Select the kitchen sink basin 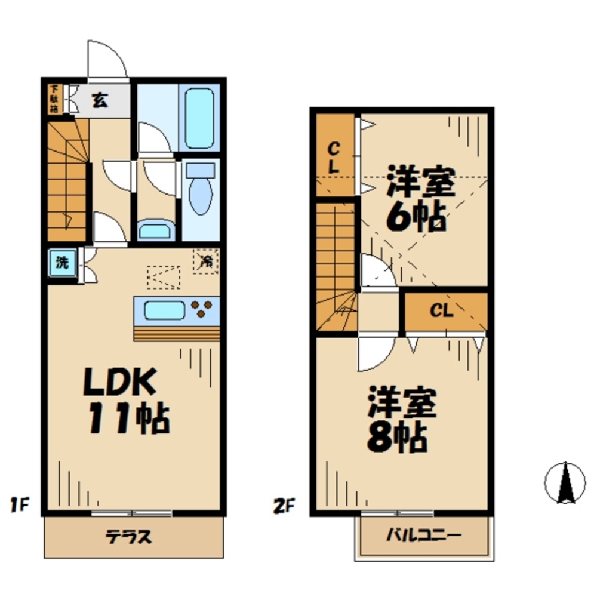point(165,310)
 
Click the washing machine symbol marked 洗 point(62,263)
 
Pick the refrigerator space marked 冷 point(206,261)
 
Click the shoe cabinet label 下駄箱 point(54,99)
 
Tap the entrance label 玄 point(100,100)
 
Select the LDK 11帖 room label point(125,400)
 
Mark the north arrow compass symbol point(564,482)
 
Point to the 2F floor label point(284,506)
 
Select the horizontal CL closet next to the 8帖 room point(445,311)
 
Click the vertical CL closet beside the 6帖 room point(334,156)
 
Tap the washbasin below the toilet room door point(156,229)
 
